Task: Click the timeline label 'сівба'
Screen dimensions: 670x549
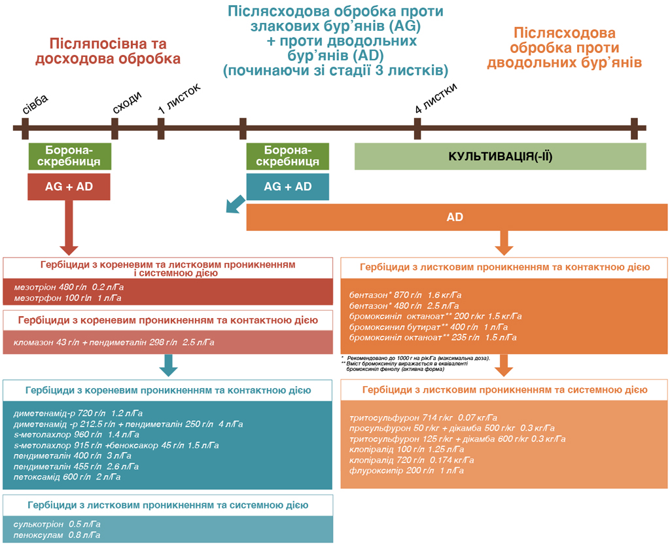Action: coord(35,105)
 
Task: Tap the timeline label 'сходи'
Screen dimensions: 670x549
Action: coord(127,103)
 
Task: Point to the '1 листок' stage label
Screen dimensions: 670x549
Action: coord(179,99)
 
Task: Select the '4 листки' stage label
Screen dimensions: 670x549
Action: coord(436,98)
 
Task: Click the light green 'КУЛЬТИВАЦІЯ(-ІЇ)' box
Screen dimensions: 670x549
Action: coord(501,156)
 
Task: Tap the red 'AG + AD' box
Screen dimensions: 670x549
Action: coord(69,186)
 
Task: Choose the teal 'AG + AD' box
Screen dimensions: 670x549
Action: coord(288,186)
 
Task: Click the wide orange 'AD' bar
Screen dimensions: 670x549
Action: coord(457,217)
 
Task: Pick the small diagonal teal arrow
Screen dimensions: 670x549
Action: coord(236,204)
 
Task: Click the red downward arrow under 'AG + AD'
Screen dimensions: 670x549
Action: coord(69,228)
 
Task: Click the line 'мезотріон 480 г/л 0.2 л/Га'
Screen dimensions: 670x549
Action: coord(69,287)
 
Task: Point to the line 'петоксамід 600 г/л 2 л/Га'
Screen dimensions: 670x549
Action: coord(67,477)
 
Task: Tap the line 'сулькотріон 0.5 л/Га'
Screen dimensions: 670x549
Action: coord(57,524)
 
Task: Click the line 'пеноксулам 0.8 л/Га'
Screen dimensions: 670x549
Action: coord(57,535)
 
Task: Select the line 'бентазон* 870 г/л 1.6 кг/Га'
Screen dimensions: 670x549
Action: coord(405,295)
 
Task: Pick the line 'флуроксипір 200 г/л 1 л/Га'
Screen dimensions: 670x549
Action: coord(406,470)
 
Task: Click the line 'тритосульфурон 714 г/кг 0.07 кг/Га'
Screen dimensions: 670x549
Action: coord(423,417)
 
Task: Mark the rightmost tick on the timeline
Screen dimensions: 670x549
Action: coord(634,129)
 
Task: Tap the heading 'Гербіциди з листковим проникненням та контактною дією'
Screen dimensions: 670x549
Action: coord(504,268)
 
